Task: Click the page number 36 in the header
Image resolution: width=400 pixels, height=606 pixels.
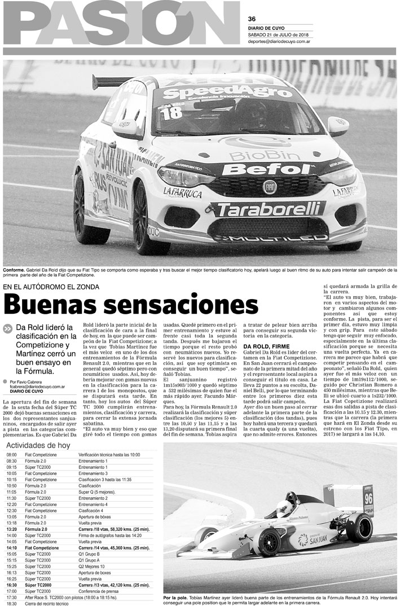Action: (x=252, y=17)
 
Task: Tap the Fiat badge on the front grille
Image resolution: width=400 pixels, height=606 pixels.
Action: (x=270, y=187)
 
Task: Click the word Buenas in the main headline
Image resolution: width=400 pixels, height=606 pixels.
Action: (x=53, y=306)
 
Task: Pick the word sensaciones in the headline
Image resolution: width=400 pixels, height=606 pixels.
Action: (x=182, y=306)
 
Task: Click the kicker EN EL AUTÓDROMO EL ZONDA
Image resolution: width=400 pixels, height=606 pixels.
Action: (x=51, y=287)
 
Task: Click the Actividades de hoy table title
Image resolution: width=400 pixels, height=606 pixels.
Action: (x=38, y=445)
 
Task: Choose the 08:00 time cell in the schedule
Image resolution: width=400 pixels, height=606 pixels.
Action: (x=12, y=455)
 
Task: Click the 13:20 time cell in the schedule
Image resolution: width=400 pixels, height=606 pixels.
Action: (x=12, y=529)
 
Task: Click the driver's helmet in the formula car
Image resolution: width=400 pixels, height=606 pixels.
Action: (x=285, y=507)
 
